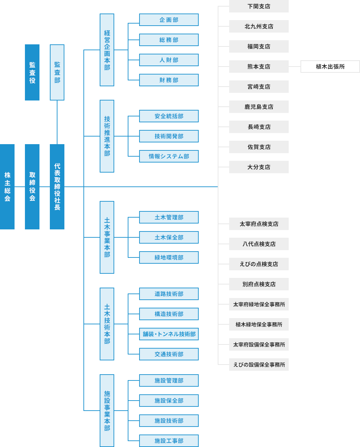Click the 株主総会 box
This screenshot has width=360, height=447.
[x=7, y=186]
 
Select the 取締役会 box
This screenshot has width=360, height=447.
[x=32, y=186]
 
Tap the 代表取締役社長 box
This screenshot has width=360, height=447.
[x=57, y=186]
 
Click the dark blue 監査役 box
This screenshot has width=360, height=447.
[x=32, y=72]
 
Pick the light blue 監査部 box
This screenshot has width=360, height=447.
[x=57, y=72]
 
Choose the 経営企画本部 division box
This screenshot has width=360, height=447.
[x=107, y=50]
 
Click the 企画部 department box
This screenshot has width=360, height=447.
[x=169, y=20]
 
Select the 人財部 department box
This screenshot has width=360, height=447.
[x=169, y=60]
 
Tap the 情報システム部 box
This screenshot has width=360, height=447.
[x=169, y=156]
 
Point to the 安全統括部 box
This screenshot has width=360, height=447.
[x=169, y=116]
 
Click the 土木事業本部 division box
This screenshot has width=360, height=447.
[x=107, y=237]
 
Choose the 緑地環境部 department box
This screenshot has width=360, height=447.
[x=169, y=257]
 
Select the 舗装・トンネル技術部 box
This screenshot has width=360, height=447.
[x=169, y=334]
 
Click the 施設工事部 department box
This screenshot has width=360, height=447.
[x=169, y=441]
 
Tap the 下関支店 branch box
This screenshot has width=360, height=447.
[x=259, y=6]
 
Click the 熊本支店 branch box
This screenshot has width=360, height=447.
[x=259, y=67]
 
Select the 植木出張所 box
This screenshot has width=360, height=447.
[x=330, y=67]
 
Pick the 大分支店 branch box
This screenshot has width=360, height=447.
[x=259, y=167]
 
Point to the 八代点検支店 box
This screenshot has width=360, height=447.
[x=259, y=244]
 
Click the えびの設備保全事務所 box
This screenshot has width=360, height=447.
[x=259, y=365]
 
